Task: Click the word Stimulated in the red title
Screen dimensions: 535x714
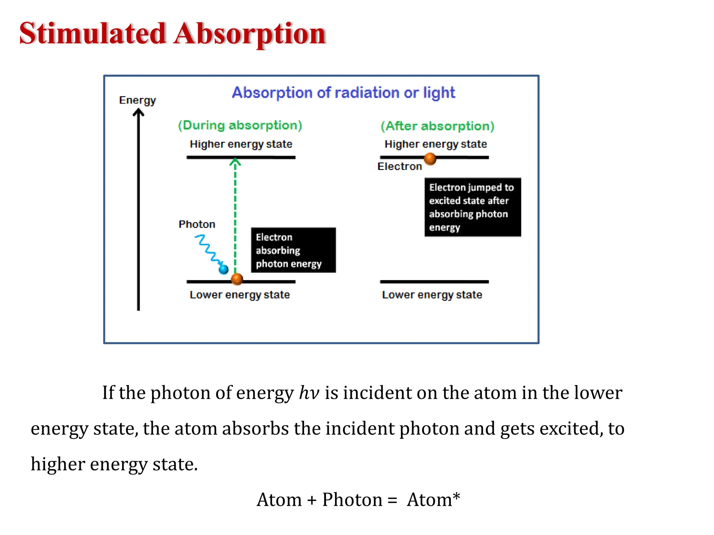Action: click(92, 33)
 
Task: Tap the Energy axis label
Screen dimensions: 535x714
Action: click(137, 100)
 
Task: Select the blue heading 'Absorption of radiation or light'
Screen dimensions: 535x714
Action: click(343, 93)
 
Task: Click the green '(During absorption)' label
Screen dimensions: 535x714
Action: click(240, 125)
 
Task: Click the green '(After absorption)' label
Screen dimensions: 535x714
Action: click(437, 126)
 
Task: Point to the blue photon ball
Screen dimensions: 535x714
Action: click(223, 269)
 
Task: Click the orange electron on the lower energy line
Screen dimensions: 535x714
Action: click(237, 279)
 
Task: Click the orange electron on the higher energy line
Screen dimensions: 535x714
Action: click(430, 158)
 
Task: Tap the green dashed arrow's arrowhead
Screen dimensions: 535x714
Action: click(235, 162)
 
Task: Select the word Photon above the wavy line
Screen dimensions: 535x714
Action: click(197, 224)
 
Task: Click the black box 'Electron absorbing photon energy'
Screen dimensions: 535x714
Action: click(293, 250)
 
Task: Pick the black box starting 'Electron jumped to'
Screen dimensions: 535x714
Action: click(472, 207)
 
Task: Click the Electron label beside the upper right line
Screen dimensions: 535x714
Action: click(400, 166)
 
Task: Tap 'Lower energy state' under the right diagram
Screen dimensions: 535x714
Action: click(432, 295)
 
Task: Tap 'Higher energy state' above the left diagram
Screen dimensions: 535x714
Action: click(241, 144)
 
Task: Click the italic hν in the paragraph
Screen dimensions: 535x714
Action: click(309, 393)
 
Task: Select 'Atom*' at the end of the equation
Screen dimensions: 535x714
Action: click(433, 500)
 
